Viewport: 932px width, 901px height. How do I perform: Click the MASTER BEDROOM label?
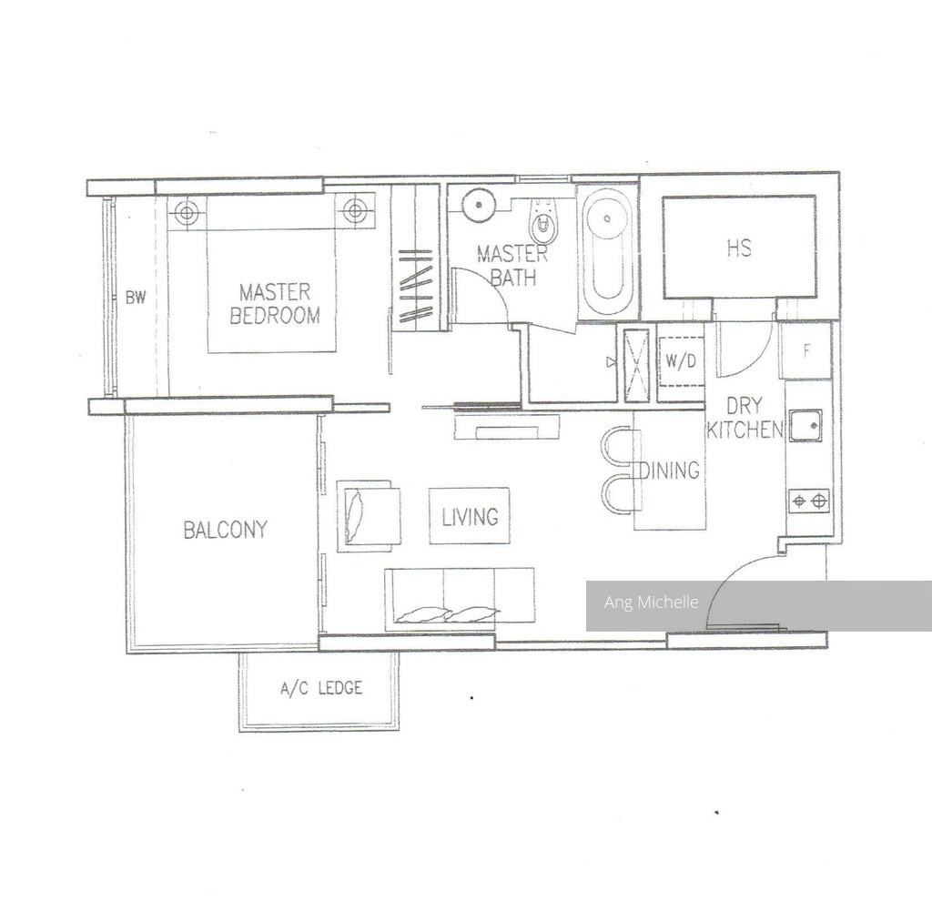(x=275, y=304)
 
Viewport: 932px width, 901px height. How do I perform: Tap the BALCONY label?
(x=226, y=530)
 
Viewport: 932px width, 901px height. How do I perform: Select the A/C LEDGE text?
(x=321, y=688)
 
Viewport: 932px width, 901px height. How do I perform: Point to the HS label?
(x=739, y=248)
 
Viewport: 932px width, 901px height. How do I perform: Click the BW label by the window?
(x=136, y=298)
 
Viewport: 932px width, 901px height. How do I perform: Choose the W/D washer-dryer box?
(x=681, y=360)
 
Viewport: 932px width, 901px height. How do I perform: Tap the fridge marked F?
(x=806, y=350)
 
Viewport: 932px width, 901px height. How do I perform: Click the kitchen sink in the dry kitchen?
(x=805, y=425)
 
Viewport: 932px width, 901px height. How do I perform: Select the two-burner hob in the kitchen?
(x=809, y=501)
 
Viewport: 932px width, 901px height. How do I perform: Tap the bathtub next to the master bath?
(x=607, y=253)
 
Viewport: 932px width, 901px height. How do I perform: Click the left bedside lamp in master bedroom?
(x=187, y=212)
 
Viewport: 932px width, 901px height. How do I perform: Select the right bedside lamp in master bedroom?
(x=355, y=210)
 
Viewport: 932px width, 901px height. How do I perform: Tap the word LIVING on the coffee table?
(x=470, y=517)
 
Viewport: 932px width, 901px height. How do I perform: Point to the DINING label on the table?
(x=670, y=471)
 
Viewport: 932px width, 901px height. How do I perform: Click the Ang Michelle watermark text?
(x=651, y=602)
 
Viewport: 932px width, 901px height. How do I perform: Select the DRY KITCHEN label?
(x=745, y=418)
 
